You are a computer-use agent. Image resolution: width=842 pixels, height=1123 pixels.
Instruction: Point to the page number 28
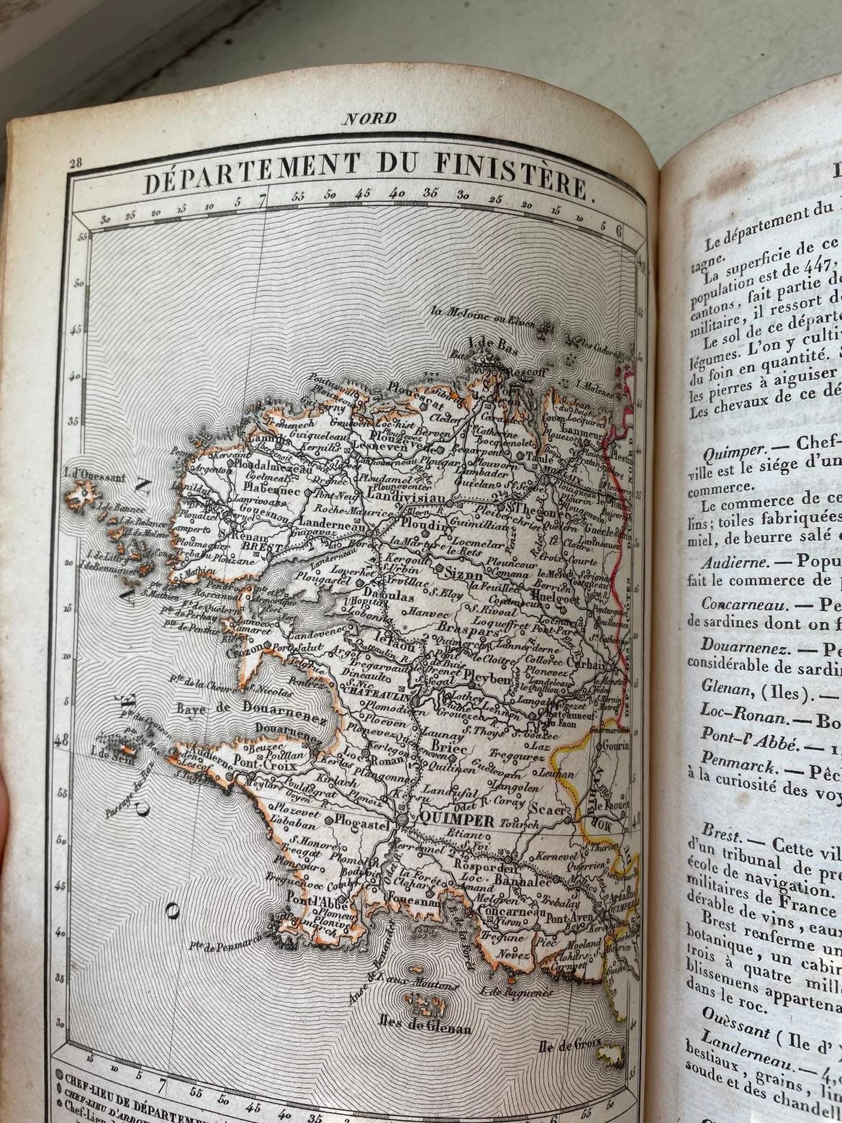tap(74, 163)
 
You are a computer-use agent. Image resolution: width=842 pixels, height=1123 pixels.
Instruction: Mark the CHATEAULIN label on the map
tap(379, 698)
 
